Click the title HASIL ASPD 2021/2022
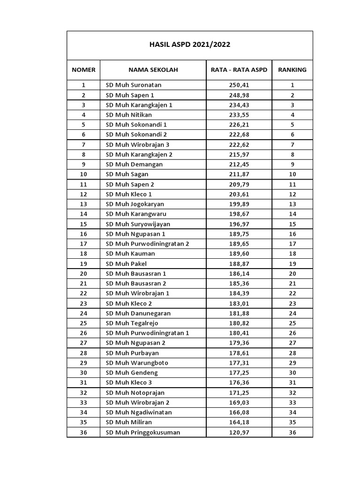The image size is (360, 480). (189, 45)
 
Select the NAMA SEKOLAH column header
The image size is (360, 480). (153, 70)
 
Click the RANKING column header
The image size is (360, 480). (292, 70)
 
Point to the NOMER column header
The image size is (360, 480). (83, 70)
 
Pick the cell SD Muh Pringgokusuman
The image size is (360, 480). (142, 432)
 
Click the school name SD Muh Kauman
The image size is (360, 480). (130, 254)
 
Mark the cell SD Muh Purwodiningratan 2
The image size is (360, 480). (147, 244)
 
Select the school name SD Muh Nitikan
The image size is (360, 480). (129, 115)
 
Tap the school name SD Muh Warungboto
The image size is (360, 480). (137, 363)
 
